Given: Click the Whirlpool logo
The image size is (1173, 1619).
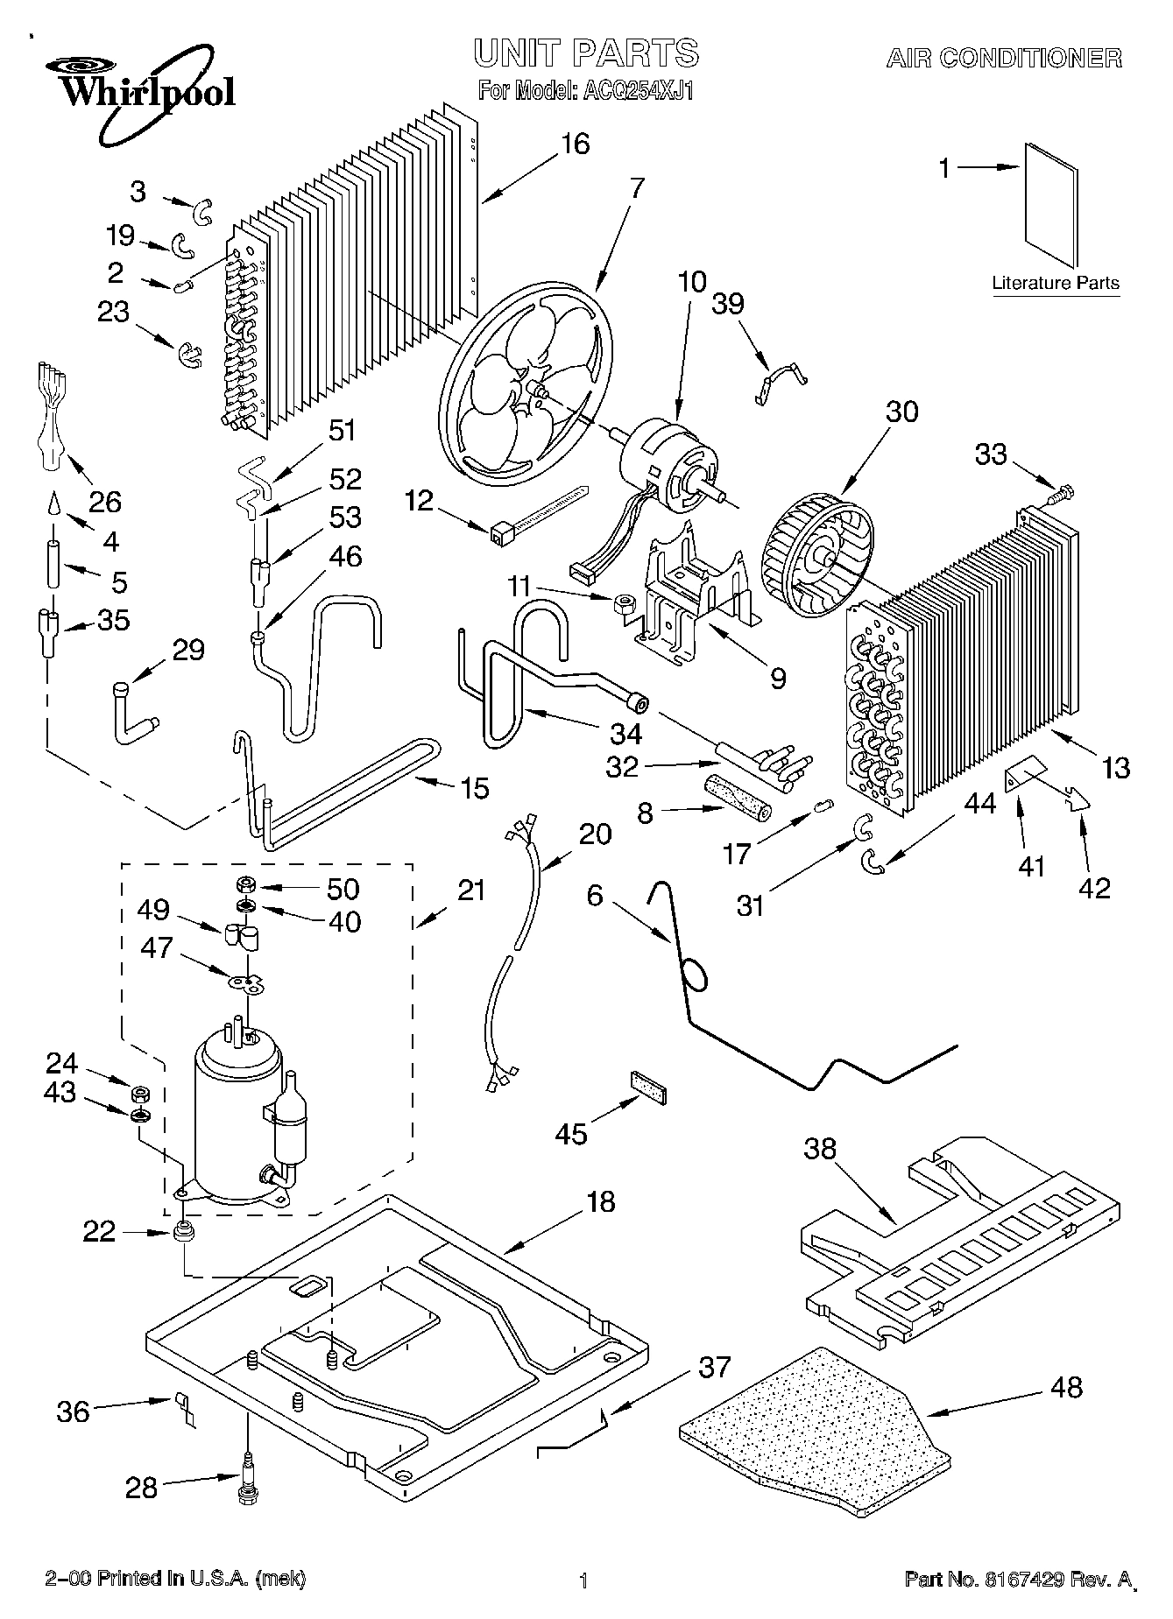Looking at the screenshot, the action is (x=139, y=93).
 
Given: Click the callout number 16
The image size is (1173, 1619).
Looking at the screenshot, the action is (x=575, y=143).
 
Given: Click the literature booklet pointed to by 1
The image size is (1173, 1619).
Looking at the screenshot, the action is (x=1052, y=206).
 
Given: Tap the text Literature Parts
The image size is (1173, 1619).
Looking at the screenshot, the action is (x=1056, y=283).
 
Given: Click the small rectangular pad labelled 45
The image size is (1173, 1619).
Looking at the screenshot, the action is (x=647, y=1085).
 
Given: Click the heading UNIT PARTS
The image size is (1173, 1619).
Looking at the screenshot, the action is (x=587, y=53).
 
